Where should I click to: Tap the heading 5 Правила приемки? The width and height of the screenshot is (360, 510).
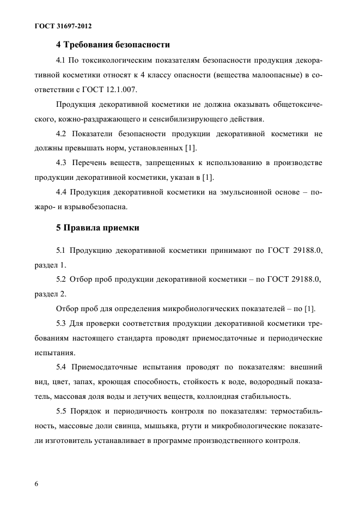(x=98, y=228)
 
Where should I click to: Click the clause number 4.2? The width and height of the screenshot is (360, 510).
(x=64, y=133)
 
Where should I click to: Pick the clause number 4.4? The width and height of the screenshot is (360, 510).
(x=64, y=192)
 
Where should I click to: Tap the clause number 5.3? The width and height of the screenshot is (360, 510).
(x=64, y=324)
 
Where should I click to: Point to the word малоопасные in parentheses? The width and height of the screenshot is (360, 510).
(x=266, y=74)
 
